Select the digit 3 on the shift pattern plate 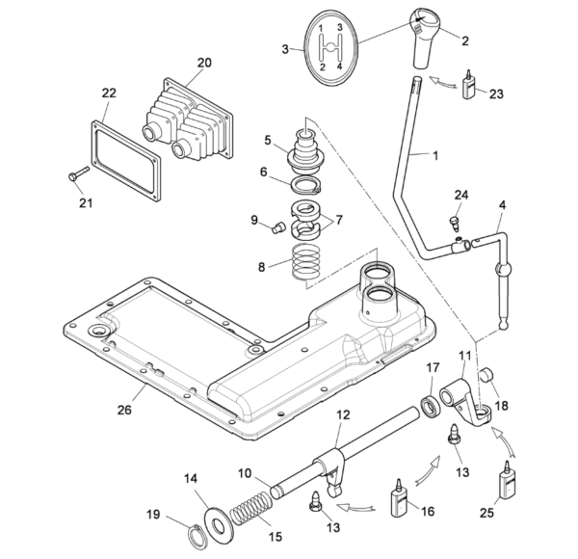(340, 27)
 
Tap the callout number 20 (204, 63)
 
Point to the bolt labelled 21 (79, 173)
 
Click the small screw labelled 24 (455, 224)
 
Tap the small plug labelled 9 (278, 227)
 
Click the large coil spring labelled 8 (306, 262)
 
